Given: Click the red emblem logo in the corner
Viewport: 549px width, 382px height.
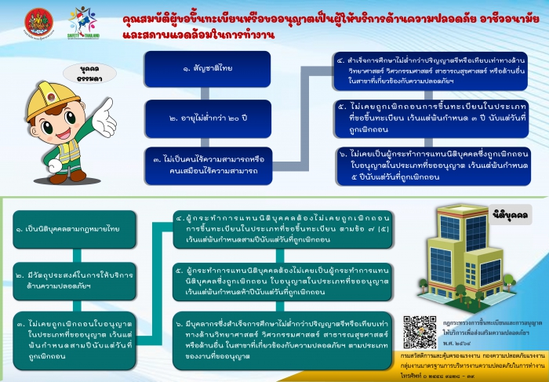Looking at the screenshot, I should (x=36, y=21).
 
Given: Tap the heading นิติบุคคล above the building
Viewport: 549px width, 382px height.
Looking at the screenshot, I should (x=509, y=213).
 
